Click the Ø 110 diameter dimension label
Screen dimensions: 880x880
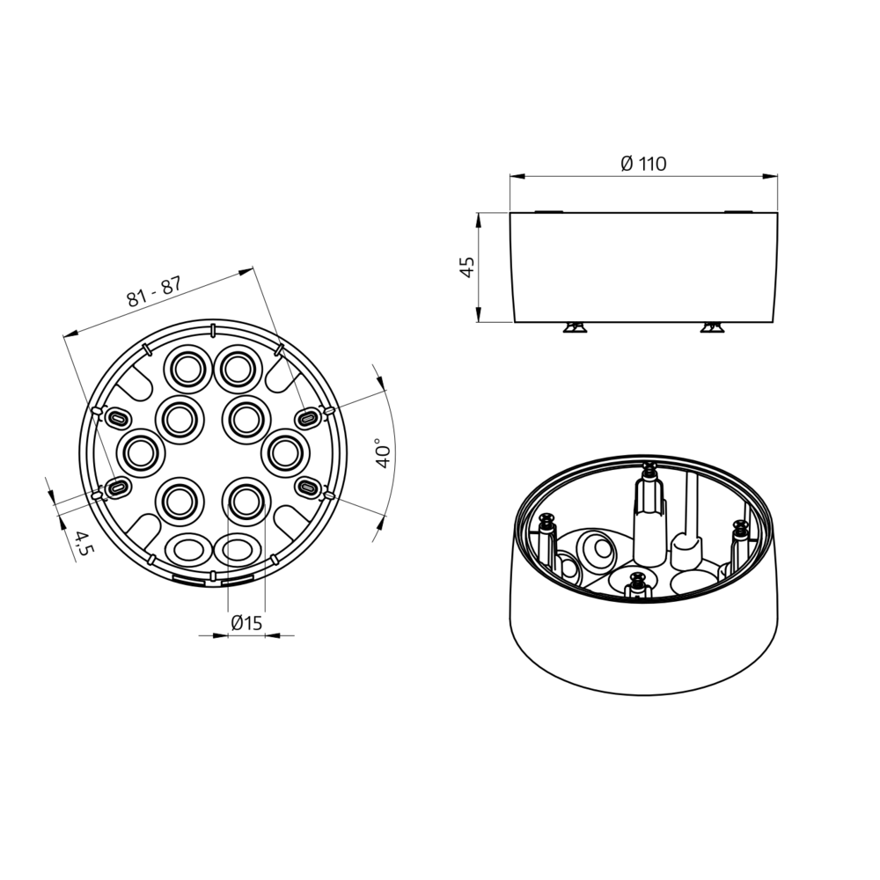(x=643, y=164)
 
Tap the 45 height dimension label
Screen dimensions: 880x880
(x=467, y=268)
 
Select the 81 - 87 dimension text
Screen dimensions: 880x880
(x=154, y=292)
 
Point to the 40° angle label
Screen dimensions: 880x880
(x=384, y=453)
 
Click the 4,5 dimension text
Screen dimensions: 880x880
(x=84, y=543)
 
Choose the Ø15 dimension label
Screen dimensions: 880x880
(x=247, y=623)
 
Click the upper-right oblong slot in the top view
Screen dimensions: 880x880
(x=307, y=418)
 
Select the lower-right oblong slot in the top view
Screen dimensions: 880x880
(x=307, y=488)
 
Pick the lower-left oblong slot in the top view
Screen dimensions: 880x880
(x=117, y=488)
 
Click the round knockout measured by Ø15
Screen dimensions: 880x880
(x=246, y=502)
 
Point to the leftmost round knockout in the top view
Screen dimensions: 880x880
(x=140, y=453)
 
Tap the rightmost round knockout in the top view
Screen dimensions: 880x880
(x=285, y=453)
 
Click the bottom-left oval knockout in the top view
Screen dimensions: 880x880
(x=189, y=549)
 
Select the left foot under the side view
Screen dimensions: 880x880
(x=576, y=327)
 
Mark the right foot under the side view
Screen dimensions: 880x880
(x=712, y=327)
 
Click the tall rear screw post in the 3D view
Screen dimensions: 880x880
(x=649, y=514)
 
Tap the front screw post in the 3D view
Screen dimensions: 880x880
(x=636, y=585)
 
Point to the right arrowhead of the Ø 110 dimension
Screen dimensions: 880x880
(x=771, y=177)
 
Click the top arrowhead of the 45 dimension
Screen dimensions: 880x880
(x=479, y=220)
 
